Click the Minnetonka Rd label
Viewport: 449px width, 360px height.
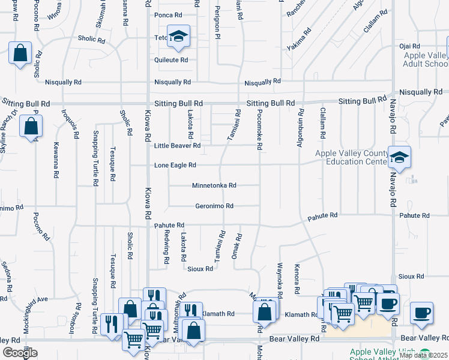[214, 185]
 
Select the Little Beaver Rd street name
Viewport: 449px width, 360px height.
[177, 146]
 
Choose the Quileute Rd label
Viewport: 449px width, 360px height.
[171, 60]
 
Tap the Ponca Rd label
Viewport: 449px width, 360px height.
[168, 15]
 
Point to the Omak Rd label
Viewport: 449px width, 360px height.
[238, 245]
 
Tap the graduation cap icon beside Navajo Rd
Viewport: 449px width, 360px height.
[399, 157]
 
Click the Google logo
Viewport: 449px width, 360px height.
[20, 353]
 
